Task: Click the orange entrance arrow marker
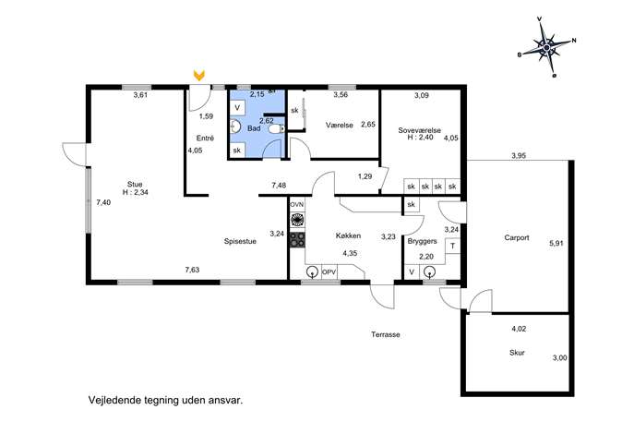pyautogui.click(x=199, y=75)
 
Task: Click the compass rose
pyautogui.click(x=546, y=47)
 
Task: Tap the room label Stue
pyautogui.click(x=135, y=185)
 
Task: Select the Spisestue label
pyautogui.click(x=240, y=242)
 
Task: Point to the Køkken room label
pyautogui.click(x=348, y=235)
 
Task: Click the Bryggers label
pyautogui.click(x=422, y=241)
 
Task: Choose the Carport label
pyautogui.click(x=517, y=238)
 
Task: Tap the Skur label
pyautogui.click(x=517, y=353)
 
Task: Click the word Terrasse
pyautogui.click(x=386, y=334)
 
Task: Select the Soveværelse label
pyautogui.click(x=419, y=130)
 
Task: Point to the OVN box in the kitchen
pyautogui.click(x=297, y=205)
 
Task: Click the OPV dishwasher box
pyautogui.click(x=329, y=272)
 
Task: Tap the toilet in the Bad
pyautogui.click(x=276, y=128)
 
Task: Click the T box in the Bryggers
pyautogui.click(x=452, y=246)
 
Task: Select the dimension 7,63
pyautogui.click(x=193, y=270)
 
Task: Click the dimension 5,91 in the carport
pyautogui.click(x=556, y=244)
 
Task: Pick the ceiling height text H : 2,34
pyautogui.click(x=136, y=193)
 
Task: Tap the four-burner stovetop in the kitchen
pyautogui.click(x=297, y=240)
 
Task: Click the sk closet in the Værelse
pyautogui.click(x=294, y=110)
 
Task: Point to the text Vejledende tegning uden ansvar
pyautogui.click(x=166, y=401)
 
